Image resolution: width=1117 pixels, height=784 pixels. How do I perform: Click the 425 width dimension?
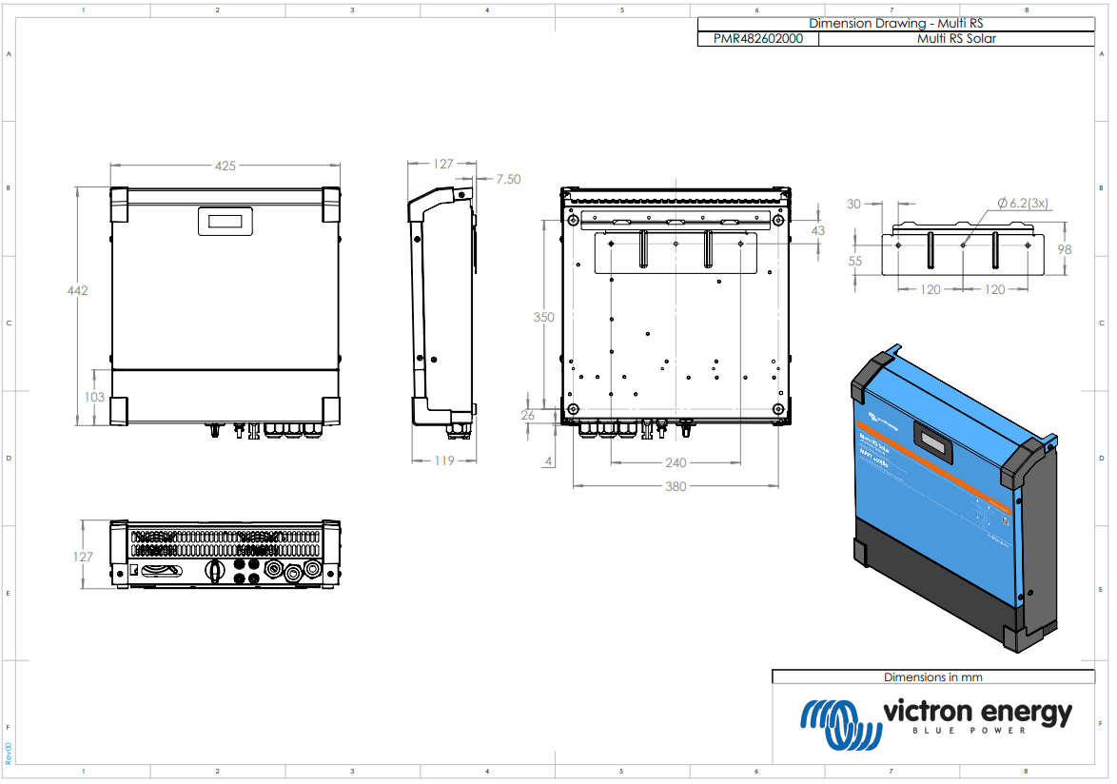(225, 166)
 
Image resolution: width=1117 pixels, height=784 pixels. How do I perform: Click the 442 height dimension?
(77, 290)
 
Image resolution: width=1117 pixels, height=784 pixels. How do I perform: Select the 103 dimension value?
(93, 397)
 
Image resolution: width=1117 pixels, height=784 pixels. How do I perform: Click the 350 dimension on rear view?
(543, 318)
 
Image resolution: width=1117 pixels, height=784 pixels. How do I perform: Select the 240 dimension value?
(676, 462)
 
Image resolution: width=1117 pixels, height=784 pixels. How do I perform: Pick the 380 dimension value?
(676, 486)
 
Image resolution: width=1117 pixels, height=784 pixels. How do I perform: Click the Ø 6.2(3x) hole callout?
(1023, 203)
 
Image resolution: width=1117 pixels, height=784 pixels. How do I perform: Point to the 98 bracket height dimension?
(1066, 247)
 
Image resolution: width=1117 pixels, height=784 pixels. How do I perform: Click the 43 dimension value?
(818, 231)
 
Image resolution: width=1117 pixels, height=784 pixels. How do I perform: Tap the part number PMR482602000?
(757, 39)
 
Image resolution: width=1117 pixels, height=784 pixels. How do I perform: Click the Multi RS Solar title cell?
(956, 39)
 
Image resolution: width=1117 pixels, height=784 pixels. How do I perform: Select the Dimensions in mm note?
(932, 676)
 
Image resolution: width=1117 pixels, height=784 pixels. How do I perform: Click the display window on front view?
(225, 221)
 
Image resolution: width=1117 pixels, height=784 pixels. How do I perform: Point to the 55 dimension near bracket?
(854, 260)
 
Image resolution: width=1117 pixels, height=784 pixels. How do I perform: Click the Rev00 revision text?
(10, 754)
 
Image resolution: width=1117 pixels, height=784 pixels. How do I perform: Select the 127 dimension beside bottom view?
(84, 557)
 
